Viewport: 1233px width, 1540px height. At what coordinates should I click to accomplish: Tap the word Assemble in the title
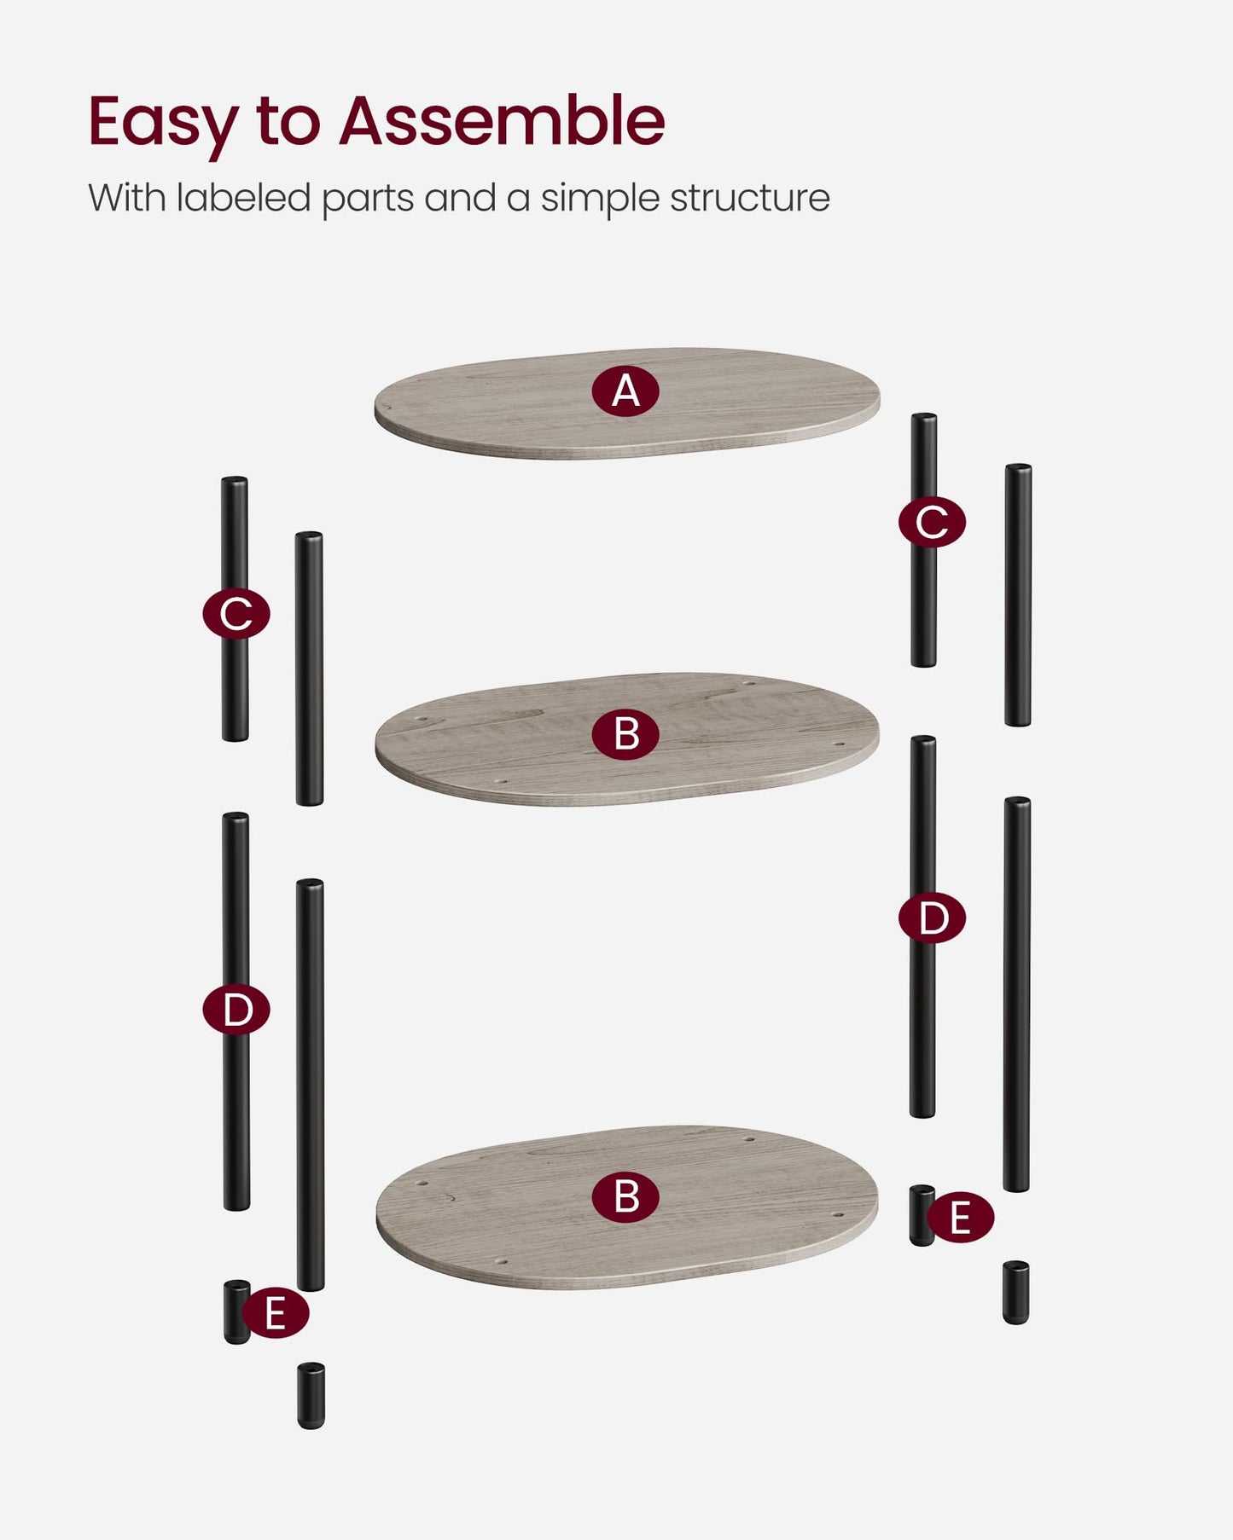502,121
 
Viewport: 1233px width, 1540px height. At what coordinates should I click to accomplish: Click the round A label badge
625,391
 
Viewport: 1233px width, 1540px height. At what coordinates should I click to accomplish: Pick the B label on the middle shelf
625,734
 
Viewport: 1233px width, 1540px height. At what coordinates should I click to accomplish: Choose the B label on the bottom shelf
625,1196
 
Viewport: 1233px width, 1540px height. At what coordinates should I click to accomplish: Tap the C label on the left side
236,613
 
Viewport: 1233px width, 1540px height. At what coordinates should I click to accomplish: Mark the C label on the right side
932,522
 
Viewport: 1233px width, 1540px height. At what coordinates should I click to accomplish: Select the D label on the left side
236,1010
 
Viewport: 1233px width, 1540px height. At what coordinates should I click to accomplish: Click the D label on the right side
932,918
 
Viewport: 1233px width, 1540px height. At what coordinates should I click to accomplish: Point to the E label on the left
275,1313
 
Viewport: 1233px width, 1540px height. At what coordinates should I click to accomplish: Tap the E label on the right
960,1217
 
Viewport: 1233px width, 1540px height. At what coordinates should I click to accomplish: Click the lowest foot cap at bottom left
311,1396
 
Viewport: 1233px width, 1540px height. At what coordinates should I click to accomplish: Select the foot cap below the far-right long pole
1015,1293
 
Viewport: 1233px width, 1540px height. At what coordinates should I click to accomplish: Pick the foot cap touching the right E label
922,1215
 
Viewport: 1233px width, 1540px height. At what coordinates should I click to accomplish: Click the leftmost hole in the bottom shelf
422,1184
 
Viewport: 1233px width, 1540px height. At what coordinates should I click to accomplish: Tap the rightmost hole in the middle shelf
838,744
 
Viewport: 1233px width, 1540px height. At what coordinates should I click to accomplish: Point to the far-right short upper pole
1018,595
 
